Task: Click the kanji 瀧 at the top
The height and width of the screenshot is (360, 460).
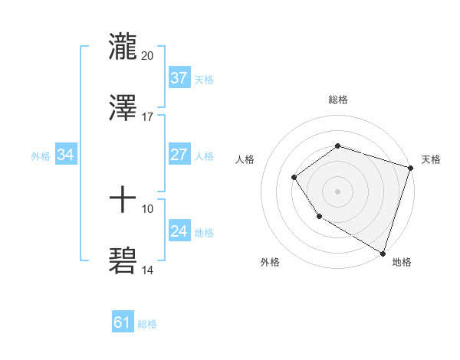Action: click(x=123, y=46)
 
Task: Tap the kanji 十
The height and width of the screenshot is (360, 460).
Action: click(x=123, y=199)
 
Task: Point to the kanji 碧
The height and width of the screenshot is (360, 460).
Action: click(x=123, y=260)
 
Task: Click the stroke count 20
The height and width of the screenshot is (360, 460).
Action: click(x=148, y=55)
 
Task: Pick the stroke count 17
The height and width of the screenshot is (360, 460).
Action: click(x=148, y=116)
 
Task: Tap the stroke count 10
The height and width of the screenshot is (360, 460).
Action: click(x=148, y=208)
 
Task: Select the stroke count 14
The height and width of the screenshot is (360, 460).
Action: click(x=148, y=270)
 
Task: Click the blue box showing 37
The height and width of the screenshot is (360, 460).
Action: click(x=179, y=77)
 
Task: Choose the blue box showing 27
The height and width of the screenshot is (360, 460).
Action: click(x=179, y=154)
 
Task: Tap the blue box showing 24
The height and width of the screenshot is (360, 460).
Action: click(x=179, y=231)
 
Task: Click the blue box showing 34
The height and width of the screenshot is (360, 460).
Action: click(x=66, y=155)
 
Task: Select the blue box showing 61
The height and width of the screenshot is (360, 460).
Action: click(x=123, y=322)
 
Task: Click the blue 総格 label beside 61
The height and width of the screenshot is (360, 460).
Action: click(x=147, y=324)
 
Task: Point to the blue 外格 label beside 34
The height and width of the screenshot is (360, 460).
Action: click(x=41, y=156)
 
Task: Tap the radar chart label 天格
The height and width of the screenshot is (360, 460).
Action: click(x=431, y=159)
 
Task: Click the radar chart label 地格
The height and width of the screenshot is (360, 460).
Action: click(x=402, y=262)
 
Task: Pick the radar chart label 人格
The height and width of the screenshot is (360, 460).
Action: click(x=245, y=159)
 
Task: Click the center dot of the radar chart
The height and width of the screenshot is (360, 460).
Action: click(x=337, y=191)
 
